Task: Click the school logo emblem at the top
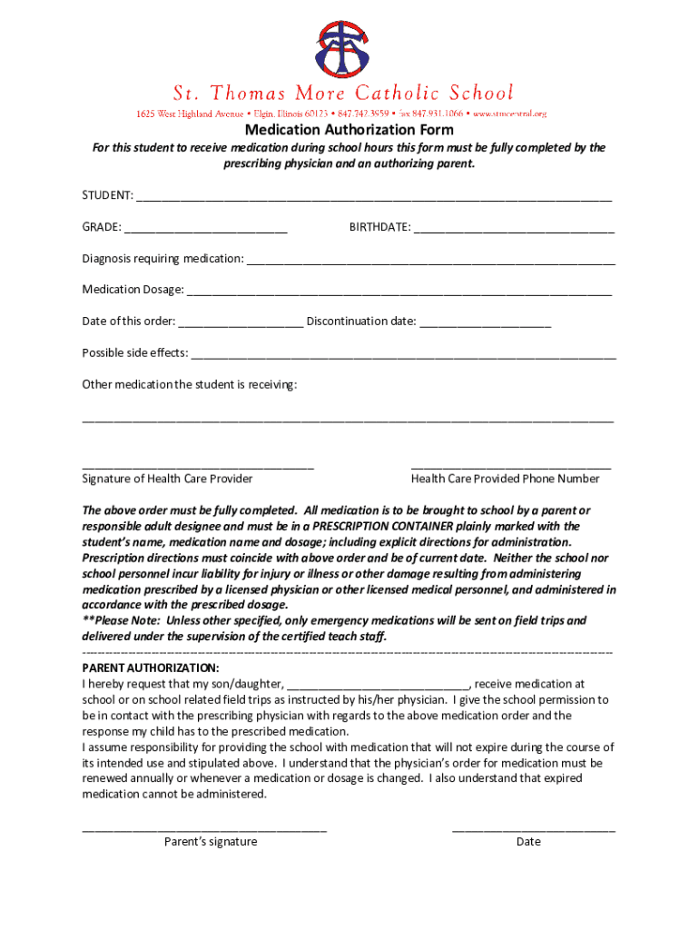342,49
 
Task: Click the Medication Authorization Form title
349,130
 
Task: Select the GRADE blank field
206,228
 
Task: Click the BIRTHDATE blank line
514,228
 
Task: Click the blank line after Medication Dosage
399,291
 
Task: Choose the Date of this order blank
241,322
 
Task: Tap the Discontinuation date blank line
486,322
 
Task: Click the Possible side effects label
135,352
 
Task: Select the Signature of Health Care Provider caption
168,479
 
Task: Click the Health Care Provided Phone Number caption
505,479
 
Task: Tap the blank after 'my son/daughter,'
378,685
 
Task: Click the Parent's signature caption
211,842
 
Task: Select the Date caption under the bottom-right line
528,842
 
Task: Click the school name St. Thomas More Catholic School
343,94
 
